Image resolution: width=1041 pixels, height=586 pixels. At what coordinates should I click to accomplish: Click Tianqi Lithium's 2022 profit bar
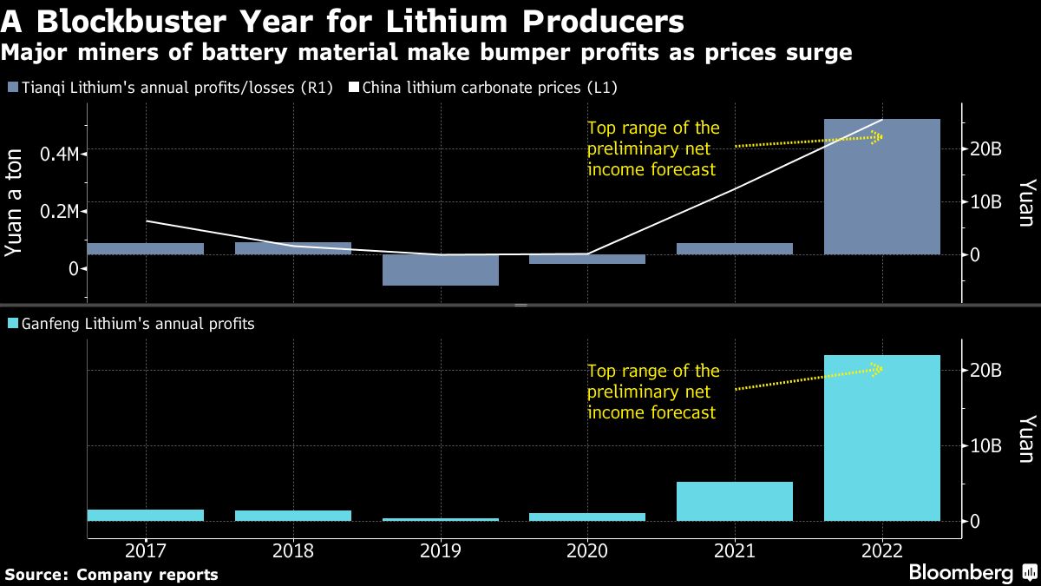click(881, 187)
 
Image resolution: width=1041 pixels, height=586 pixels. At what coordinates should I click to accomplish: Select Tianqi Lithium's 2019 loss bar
click(441, 270)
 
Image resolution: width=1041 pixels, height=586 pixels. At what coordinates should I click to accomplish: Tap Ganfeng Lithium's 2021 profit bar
click(734, 501)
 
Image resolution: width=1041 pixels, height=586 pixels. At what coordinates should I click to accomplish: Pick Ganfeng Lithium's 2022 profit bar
click(881, 438)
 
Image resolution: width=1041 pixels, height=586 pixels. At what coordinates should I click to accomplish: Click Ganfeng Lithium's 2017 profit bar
click(146, 515)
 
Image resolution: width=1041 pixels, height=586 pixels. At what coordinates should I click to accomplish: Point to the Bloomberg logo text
click(960, 573)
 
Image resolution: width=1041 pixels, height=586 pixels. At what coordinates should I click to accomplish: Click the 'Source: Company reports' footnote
click(111, 575)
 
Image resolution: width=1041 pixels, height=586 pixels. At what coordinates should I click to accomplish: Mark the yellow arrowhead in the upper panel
click(878, 136)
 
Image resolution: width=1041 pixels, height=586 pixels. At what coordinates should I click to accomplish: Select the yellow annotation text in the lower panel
click(653, 392)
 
